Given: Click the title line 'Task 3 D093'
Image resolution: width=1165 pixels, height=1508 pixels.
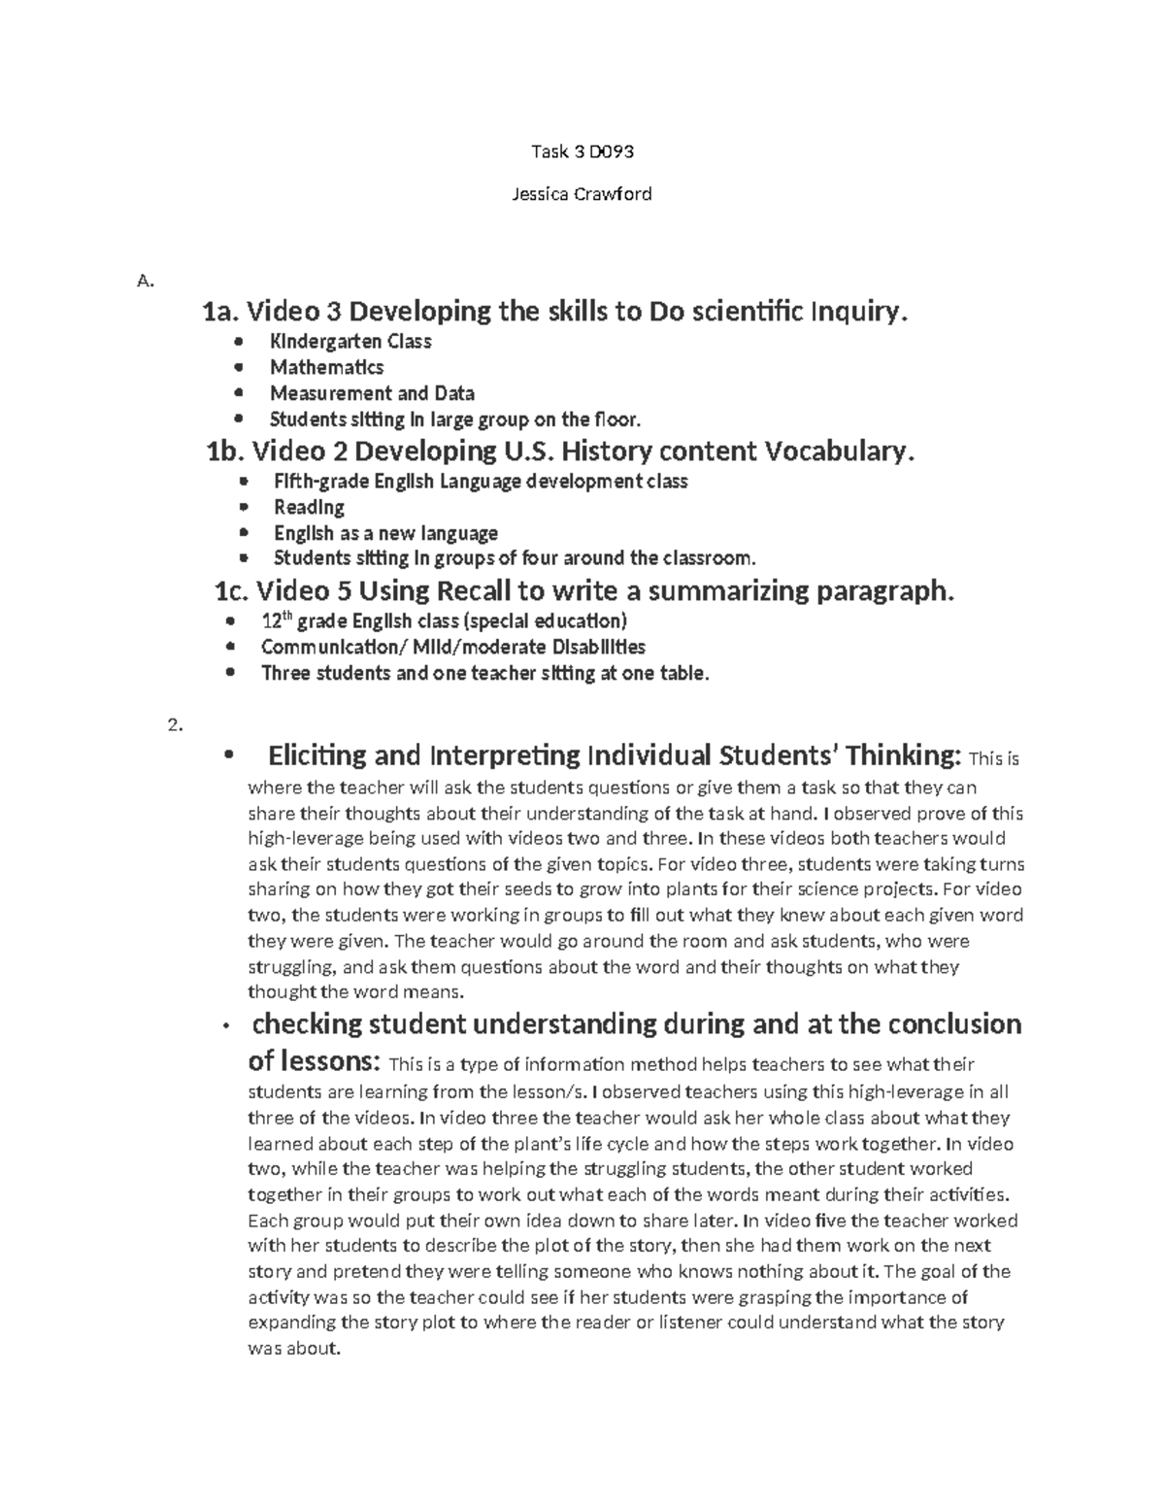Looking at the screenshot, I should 582,151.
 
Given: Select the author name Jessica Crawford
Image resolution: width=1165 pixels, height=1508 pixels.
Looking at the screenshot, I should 582,193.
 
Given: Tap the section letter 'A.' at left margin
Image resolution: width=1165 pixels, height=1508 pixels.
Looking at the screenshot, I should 146,282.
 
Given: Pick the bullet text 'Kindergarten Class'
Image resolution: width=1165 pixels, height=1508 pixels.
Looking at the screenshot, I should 350,342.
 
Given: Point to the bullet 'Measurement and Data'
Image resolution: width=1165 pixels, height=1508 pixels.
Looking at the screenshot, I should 372,393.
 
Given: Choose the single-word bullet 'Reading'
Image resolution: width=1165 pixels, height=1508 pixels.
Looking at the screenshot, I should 309,507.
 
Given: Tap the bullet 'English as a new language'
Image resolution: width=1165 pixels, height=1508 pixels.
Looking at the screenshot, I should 385,533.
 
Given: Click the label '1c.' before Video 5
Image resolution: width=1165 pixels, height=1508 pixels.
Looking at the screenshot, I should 231,590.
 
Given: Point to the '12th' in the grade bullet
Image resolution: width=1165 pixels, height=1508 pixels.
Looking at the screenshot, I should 273,620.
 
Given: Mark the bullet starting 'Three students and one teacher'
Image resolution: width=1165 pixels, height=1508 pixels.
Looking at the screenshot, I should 485,673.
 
